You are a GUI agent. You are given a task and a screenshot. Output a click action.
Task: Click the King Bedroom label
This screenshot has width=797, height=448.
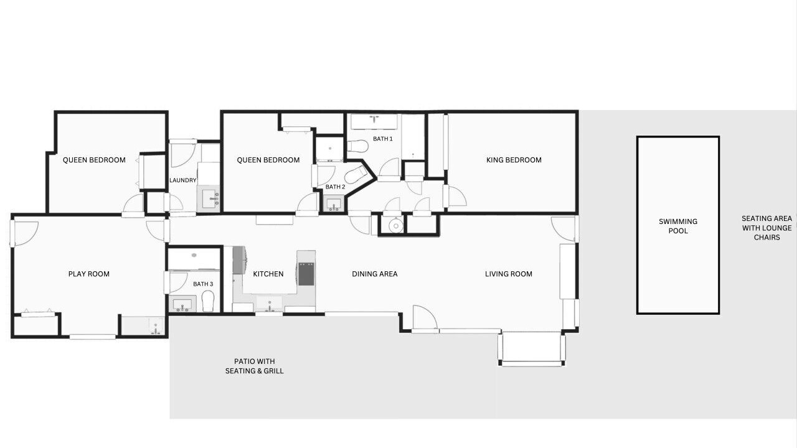pos(514,160)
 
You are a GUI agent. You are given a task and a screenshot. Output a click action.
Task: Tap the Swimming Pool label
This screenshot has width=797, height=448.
pos(678,226)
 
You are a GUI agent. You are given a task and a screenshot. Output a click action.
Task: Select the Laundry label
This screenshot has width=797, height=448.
pos(183,180)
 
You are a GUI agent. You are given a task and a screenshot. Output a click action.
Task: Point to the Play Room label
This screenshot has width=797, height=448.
pos(89,274)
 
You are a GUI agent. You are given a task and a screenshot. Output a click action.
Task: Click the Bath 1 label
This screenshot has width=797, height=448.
pos(383,139)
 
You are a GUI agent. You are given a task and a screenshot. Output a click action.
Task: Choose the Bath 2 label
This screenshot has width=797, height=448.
pos(335,187)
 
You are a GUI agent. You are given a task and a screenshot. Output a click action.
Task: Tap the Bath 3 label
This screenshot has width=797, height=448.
pos(203,284)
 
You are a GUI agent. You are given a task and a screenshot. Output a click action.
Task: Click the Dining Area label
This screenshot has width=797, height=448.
pos(375,274)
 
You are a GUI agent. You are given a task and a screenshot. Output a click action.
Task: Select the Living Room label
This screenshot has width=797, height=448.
pos(509,274)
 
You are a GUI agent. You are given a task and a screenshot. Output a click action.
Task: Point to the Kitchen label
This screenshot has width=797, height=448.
pos(268,274)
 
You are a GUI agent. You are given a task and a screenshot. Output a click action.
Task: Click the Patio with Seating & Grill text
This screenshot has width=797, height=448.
pos(255,366)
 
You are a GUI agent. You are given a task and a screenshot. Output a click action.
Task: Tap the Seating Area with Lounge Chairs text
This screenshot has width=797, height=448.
pos(766,228)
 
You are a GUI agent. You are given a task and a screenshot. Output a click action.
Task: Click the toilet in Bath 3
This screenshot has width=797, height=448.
pos(208,301)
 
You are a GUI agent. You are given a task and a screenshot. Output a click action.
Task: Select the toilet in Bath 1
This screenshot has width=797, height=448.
pos(357,146)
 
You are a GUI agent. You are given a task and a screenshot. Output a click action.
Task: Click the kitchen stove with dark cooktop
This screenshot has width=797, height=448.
pos(306,274)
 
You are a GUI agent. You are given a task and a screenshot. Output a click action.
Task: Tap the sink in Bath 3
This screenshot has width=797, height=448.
pos(182,304)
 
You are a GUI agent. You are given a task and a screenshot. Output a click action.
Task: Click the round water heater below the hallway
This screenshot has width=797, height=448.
pos(395,225)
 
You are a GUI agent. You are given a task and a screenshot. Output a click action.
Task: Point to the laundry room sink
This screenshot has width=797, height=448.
pos(209,198)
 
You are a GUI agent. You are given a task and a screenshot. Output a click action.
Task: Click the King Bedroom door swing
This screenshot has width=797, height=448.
pos(457,196)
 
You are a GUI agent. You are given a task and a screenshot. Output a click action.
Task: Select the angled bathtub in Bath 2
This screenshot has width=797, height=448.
pos(356,175)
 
